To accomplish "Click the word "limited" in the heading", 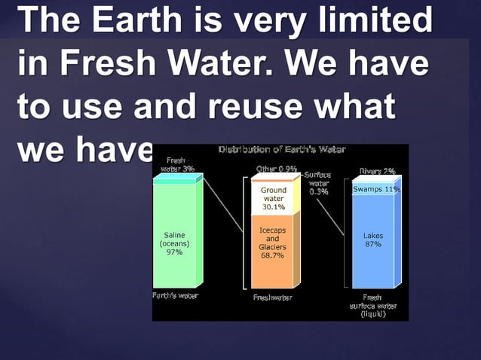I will click(x=386, y=20).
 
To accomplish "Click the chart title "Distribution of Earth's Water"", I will click(x=282, y=150).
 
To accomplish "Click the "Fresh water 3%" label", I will click(x=176, y=165).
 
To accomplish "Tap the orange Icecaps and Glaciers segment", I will click(x=272, y=249).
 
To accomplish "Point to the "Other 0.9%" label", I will click(x=276, y=168).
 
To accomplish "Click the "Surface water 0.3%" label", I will click(x=318, y=183).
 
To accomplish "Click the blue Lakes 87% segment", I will click(x=373, y=241).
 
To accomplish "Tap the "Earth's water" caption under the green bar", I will click(x=175, y=295).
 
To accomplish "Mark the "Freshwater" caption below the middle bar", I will click(x=272, y=297).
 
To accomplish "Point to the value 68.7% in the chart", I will click(x=272, y=256).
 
